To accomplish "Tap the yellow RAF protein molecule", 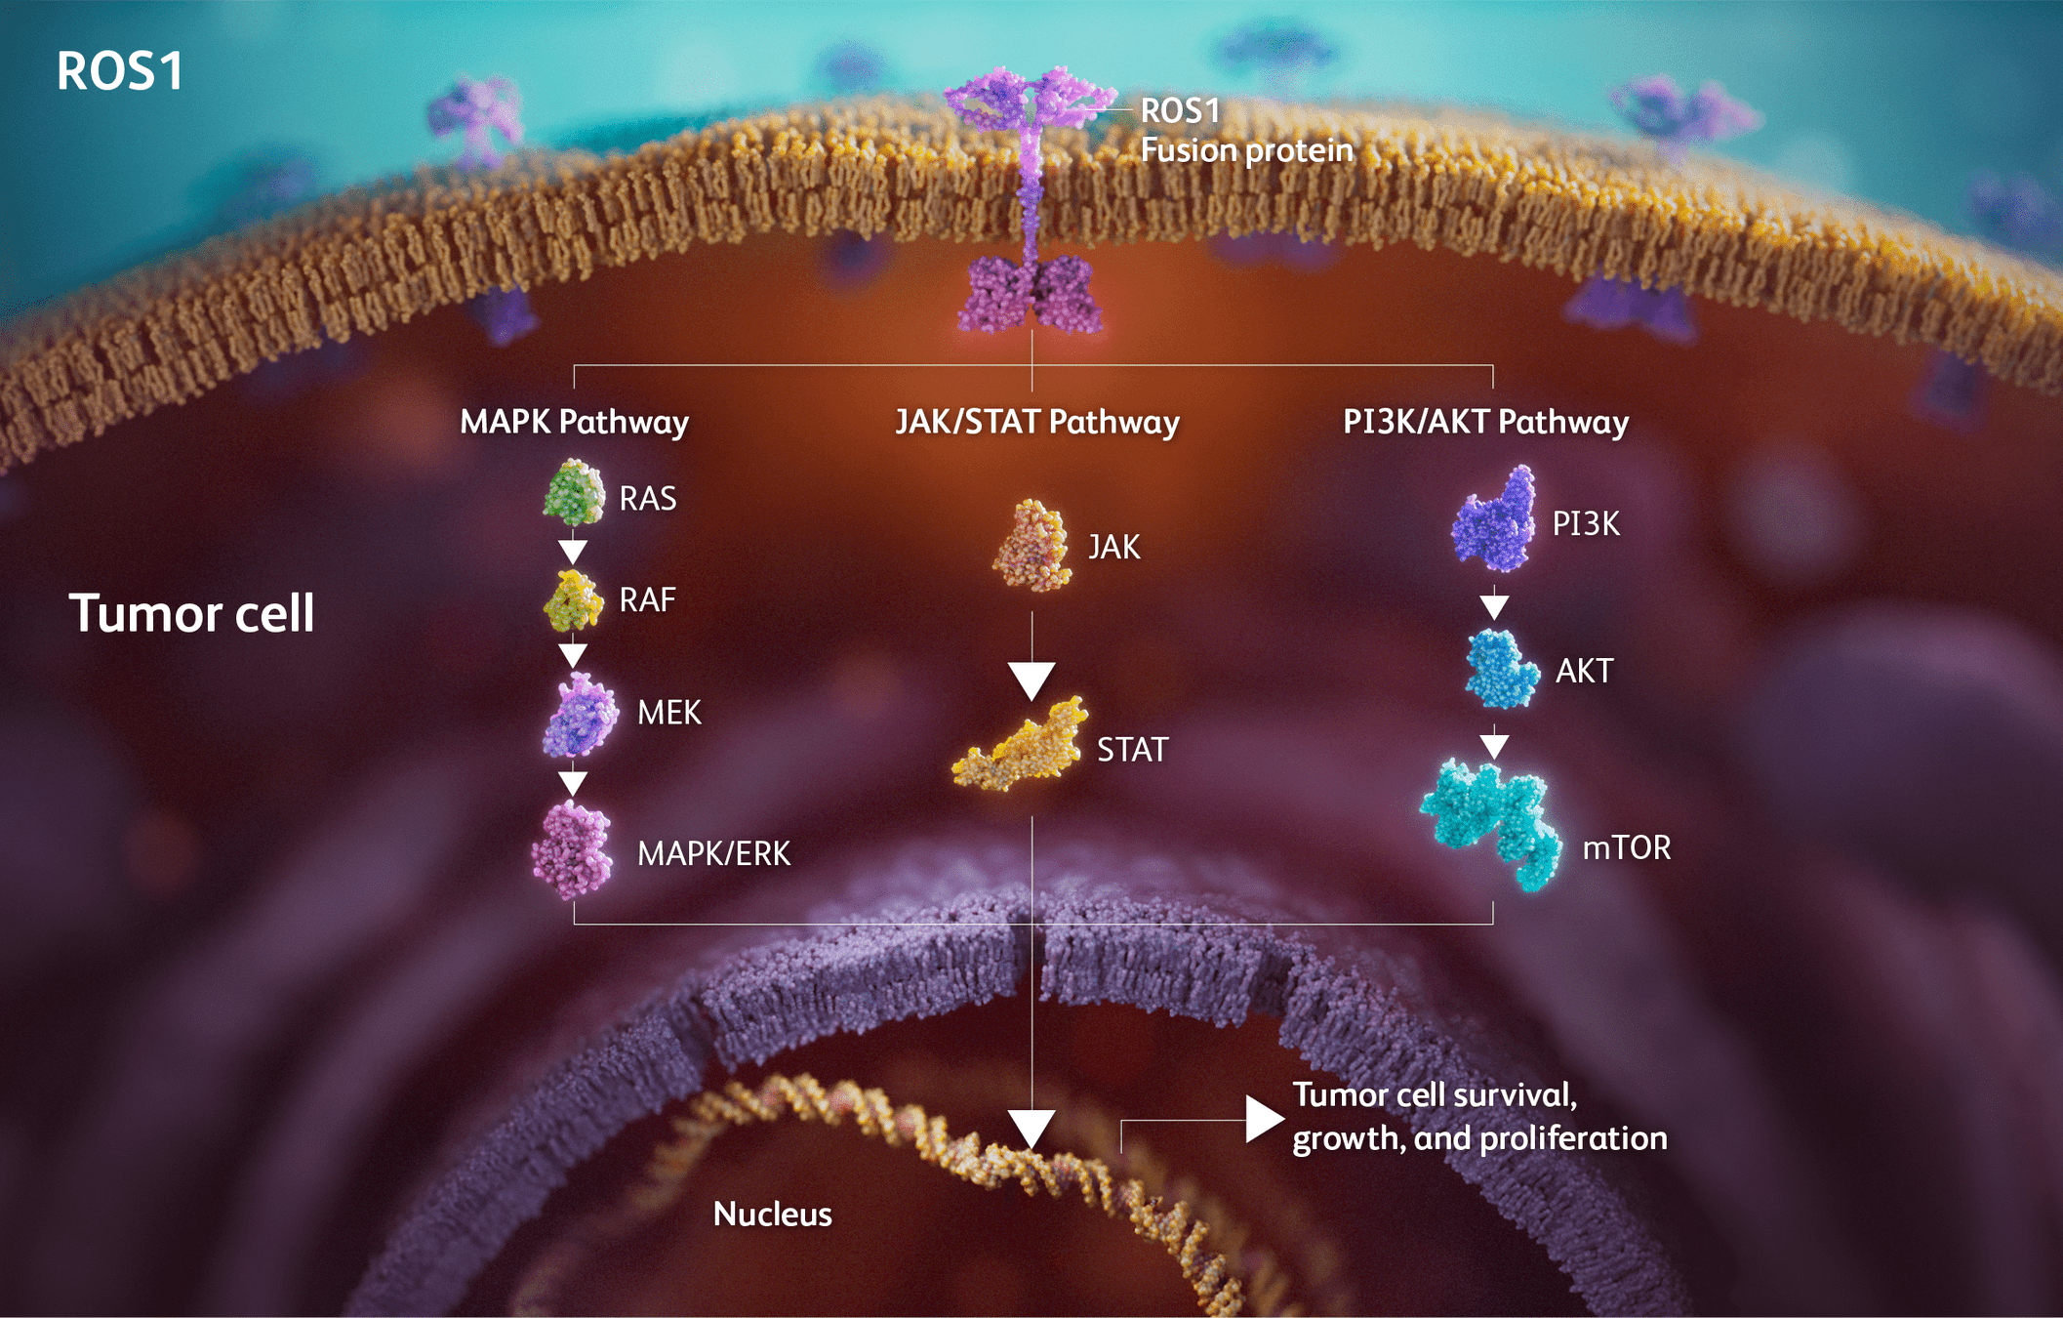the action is tap(573, 599).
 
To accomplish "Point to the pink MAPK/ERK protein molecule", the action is tap(573, 849).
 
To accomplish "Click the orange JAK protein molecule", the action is tap(1032, 547).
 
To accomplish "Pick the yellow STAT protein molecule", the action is tap(1021, 748).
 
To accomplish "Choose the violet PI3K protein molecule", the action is tap(1493, 520).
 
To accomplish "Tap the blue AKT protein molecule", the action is tap(1502, 670).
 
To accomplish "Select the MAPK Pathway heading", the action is tap(574, 422).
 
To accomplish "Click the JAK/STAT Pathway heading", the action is tap(1037, 422).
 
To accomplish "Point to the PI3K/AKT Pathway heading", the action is tap(1485, 422).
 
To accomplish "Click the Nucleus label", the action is tap(772, 1214).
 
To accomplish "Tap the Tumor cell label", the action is tap(191, 613).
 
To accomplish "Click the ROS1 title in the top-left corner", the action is tap(119, 71).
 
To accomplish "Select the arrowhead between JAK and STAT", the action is tap(1031, 680).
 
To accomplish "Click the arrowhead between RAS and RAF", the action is tap(573, 552).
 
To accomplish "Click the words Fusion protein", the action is tap(1247, 150).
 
